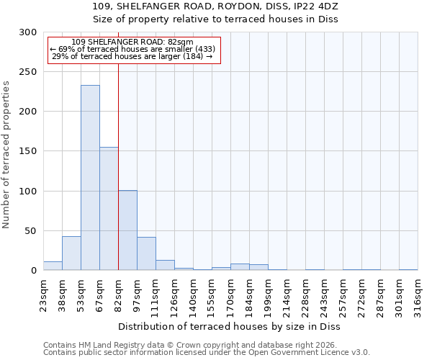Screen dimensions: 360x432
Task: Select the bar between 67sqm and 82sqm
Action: coord(109,209)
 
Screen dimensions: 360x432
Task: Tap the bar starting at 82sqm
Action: coord(127,230)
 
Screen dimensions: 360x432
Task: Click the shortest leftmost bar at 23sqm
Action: coord(53,266)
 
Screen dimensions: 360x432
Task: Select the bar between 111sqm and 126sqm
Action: coord(165,265)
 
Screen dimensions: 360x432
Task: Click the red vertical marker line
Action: coord(118,158)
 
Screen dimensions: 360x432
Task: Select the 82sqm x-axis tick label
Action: coord(118,292)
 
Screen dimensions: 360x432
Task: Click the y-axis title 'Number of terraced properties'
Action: coord(7,154)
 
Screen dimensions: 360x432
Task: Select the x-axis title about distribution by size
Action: coord(230,327)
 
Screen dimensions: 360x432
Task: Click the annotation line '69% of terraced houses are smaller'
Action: coord(132,49)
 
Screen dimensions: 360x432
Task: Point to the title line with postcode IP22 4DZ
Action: coord(215,6)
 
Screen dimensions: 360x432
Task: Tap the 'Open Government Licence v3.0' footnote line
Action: coord(207,353)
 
